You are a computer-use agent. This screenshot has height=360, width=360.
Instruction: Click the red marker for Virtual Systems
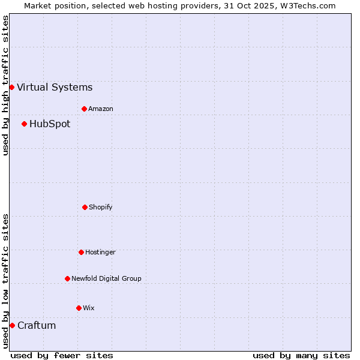[11, 87]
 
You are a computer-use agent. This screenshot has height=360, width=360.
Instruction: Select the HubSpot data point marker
[24, 124]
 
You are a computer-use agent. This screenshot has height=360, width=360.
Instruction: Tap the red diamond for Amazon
[84, 109]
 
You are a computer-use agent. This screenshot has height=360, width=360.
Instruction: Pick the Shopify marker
[85, 207]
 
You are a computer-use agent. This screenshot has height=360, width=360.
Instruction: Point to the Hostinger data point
[81, 252]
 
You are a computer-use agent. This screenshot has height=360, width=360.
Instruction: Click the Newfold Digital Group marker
[67, 278]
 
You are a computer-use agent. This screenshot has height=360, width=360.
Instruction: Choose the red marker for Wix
[79, 308]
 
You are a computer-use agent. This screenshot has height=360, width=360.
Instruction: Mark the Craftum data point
[12, 325]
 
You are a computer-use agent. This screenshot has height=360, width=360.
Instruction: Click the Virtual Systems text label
[55, 88]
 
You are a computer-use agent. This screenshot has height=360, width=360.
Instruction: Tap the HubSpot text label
[50, 124]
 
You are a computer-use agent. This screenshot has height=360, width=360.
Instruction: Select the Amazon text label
[101, 109]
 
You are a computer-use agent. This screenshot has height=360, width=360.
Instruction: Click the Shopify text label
[101, 208]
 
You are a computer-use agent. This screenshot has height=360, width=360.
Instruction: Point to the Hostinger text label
[100, 253]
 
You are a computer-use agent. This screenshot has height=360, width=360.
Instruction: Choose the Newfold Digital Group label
[106, 279]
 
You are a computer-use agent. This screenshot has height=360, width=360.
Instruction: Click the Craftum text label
[37, 326]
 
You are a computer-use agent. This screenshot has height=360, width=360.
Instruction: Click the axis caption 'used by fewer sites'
[62, 355]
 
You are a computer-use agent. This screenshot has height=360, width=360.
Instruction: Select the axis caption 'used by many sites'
[301, 355]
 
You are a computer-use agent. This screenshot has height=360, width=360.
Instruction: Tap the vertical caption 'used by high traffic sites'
[5, 85]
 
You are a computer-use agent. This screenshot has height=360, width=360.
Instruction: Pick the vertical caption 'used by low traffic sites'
[5, 281]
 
